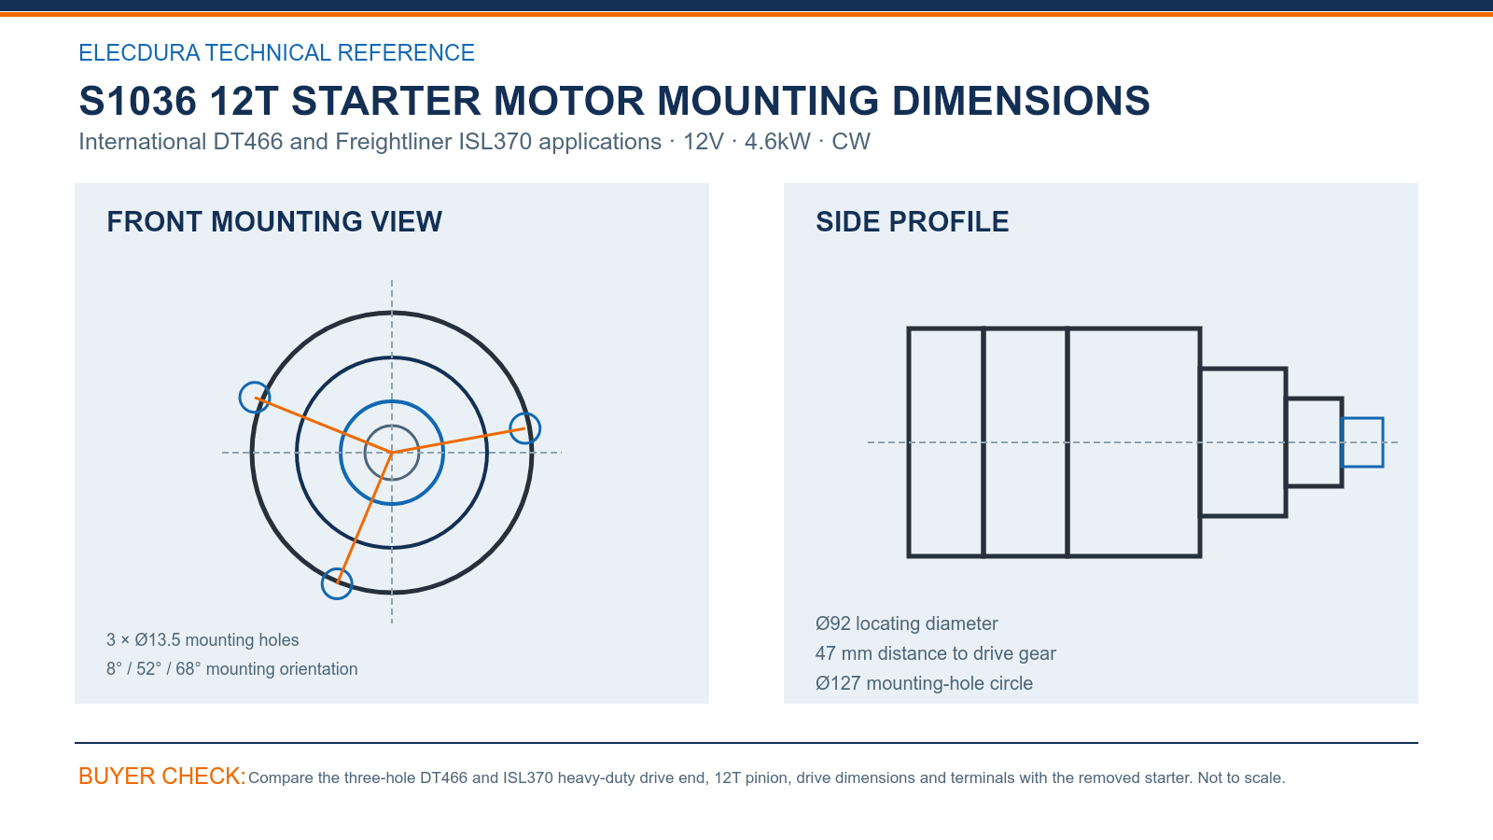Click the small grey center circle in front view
392,426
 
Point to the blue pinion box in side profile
1362,419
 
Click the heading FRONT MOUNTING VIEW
274,222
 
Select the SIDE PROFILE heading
912,222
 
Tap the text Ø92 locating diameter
906,623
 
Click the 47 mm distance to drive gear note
935,653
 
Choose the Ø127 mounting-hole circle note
924,683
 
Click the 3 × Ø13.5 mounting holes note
202,640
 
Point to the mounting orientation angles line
232,668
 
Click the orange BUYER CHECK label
162,776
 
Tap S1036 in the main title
137,101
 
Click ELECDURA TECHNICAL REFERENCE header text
276,52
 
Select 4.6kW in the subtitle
777,141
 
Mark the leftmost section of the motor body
945,442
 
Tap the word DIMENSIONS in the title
1021,101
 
